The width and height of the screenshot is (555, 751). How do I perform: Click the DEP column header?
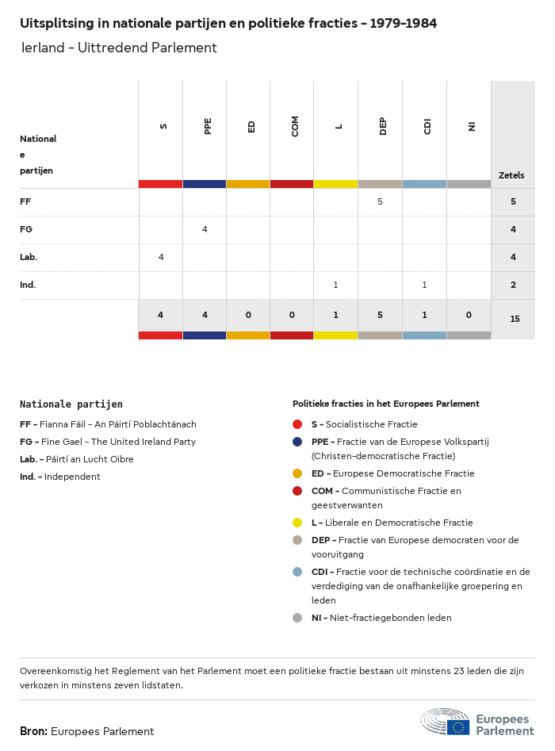pos(383,127)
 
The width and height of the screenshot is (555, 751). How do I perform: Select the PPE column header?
pos(208,126)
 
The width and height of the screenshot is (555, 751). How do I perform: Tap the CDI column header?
pos(427,127)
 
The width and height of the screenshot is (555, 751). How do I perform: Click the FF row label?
pos(25,202)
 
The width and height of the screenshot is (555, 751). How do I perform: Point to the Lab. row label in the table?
pos(29,258)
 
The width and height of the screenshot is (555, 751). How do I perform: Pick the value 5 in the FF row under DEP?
pos(380,202)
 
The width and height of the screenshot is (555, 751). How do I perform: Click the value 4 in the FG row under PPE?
pos(205,230)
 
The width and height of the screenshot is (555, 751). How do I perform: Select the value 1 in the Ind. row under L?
pos(335,285)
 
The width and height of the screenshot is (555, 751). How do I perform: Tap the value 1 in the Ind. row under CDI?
pos(424,285)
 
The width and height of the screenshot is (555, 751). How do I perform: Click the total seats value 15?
pos(515,319)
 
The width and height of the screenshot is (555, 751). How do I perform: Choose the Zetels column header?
pos(511,175)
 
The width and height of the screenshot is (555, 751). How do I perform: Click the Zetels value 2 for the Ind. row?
pos(513,285)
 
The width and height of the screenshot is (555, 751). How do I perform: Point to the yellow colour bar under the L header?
pos(335,184)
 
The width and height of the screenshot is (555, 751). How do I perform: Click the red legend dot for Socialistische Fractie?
pos(297,424)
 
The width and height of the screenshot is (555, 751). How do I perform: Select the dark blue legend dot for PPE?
pos(297,442)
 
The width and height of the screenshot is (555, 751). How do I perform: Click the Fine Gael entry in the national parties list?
pos(108,442)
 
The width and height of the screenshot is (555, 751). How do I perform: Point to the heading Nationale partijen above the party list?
pos(71,404)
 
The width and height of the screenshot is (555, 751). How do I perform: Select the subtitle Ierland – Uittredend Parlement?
pos(119,48)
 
